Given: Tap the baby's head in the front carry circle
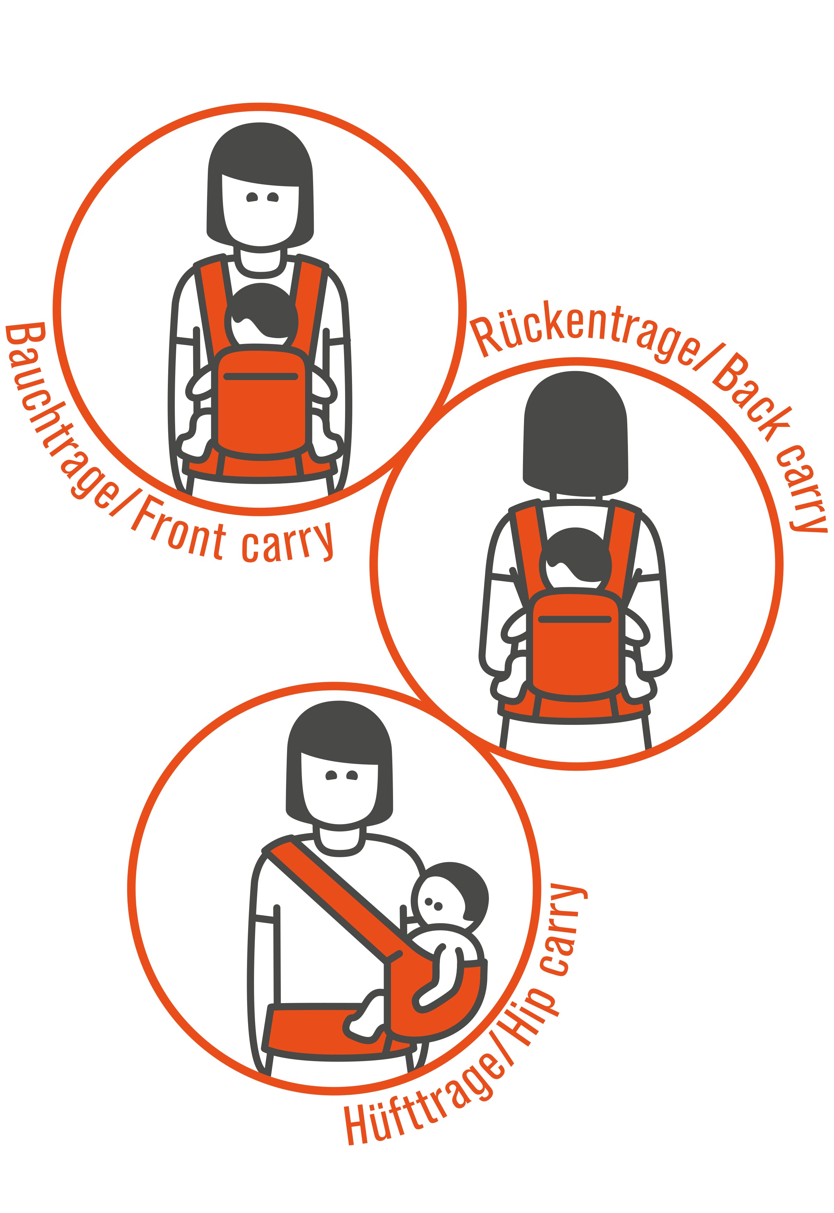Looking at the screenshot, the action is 261,316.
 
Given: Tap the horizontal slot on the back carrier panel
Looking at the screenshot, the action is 575,620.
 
